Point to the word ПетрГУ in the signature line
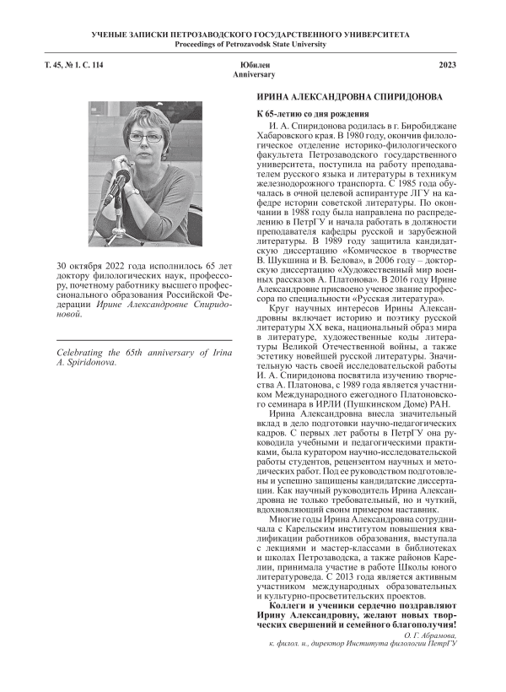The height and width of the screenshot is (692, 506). pos(442,643)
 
